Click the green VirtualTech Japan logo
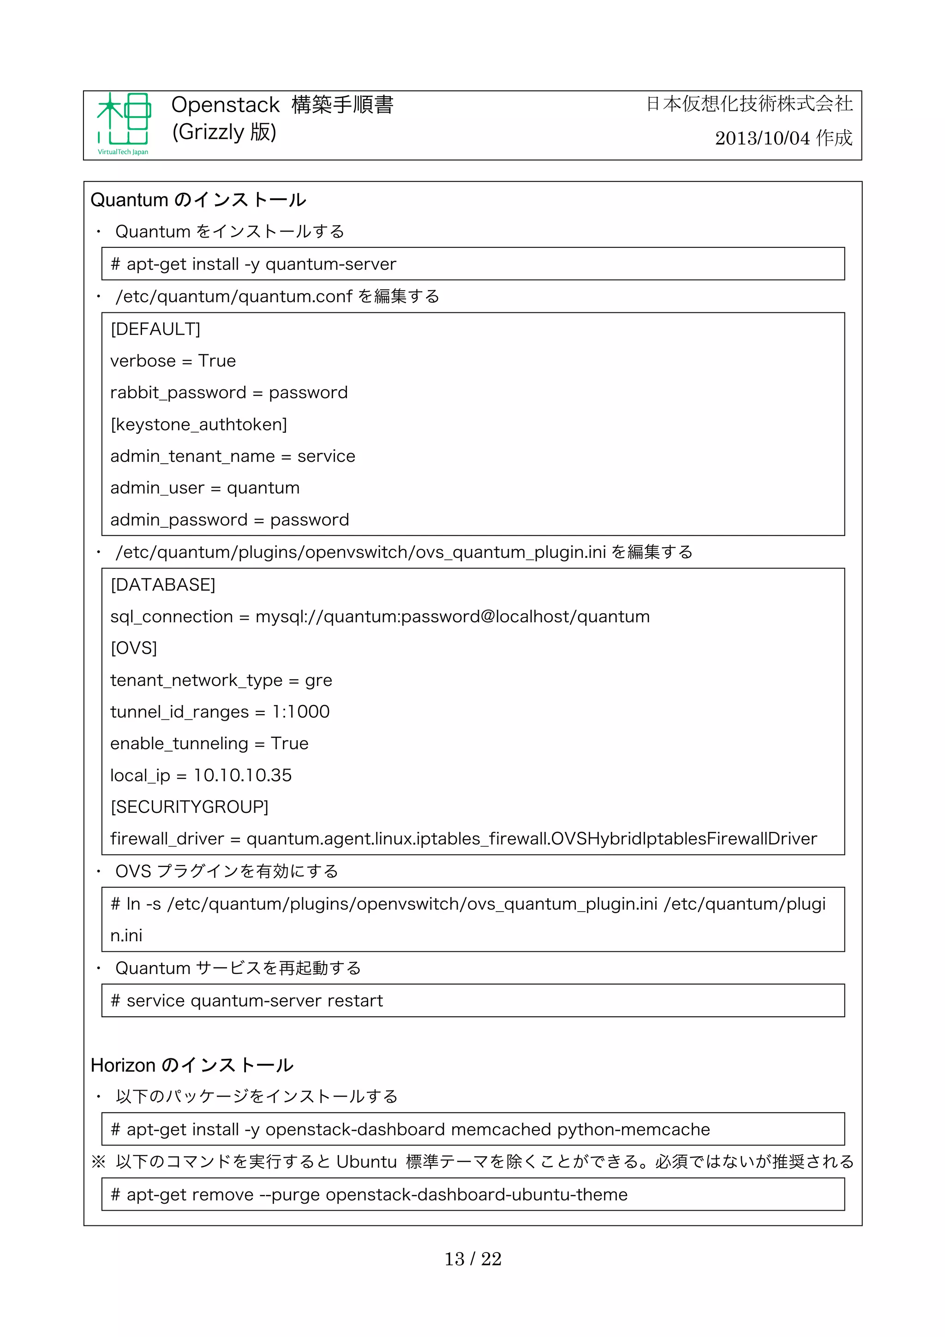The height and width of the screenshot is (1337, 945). click(x=124, y=124)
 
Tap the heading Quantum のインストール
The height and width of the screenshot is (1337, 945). click(x=198, y=200)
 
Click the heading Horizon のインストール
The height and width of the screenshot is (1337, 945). click(x=191, y=1065)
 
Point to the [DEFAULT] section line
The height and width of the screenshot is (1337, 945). click(x=156, y=329)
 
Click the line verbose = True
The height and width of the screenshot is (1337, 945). click(x=173, y=361)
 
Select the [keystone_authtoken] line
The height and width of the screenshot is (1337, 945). click(x=198, y=424)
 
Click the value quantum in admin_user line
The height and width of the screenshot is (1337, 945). click(x=263, y=488)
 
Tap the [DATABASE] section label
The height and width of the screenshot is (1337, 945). click(x=163, y=585)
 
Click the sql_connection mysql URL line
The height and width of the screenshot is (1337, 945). click(x=380, y=617)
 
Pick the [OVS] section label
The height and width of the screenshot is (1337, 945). click(x=134, y=648)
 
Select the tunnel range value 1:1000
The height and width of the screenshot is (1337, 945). click(x=301, y=711)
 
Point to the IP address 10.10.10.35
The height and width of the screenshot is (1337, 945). click(x=243, y=775)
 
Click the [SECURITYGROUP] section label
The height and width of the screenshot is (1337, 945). click(x=189, y=807)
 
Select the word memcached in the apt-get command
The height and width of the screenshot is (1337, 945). click(x=501, y=1130)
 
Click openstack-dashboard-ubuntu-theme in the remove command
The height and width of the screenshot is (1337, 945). click(x=476, y=1194)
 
